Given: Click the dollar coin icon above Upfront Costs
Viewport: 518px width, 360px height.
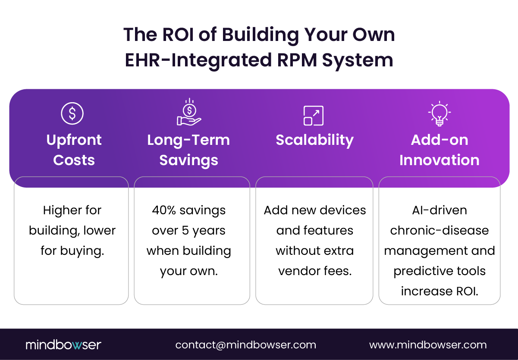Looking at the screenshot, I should [72, 113].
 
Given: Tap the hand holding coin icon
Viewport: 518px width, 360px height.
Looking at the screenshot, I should [189, 113].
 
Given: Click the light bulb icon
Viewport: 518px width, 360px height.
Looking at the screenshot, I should [440, 114].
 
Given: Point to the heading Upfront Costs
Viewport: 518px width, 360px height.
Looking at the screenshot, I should [74, 150].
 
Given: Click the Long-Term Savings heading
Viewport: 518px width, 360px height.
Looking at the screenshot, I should [188, 150].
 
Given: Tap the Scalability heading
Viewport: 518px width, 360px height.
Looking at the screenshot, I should [314, 140].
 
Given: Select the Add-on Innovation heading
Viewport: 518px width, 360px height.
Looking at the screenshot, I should [439, 150].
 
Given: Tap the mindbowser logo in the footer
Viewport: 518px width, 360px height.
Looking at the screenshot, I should [63, 345].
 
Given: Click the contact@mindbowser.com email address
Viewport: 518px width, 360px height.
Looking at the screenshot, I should [245, 345].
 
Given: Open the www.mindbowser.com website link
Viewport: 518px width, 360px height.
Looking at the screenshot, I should [428, 345].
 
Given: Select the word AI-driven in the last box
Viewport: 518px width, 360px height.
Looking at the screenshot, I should [440, 210].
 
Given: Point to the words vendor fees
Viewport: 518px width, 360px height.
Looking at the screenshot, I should [314, 271].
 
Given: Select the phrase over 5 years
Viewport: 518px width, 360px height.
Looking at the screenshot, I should [188, 231].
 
